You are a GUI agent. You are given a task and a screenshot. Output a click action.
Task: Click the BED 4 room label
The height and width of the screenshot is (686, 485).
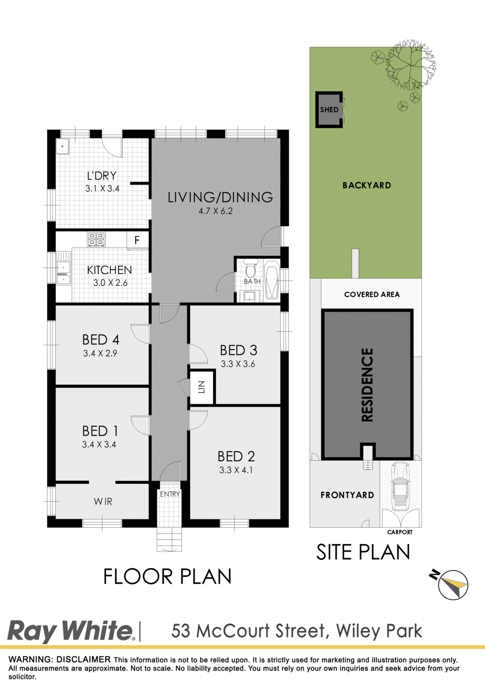pyautogui.click(x=100, y=339)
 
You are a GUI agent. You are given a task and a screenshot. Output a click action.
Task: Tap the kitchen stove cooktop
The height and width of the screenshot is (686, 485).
pyautogui.click(x=96, y=239)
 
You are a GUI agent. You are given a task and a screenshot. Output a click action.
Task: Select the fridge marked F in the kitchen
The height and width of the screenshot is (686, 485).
pyautogui.click(x=137, y=240)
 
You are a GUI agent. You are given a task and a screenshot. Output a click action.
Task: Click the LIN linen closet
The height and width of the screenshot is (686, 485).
pyautogui.click(x=202, y=387)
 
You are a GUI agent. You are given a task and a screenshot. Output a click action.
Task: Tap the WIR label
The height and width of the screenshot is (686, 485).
pyautogui.click(x=103, y=501)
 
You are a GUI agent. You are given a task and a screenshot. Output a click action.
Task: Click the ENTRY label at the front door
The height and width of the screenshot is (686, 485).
pyautogui.click(x=170, y=494)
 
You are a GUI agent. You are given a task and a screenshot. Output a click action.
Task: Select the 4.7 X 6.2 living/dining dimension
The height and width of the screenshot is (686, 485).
pyautogui.click(x=216, y=211)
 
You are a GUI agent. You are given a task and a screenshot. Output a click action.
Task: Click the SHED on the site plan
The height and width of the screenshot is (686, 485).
pyautogui.click(x=329, y=109)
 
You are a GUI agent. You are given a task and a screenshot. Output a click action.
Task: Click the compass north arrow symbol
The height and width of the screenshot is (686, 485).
pyautogui.click(x=452, y=584)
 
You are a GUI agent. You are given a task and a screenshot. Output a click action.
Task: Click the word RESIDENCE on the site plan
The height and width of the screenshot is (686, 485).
pyautogui.click(x=367, y=385)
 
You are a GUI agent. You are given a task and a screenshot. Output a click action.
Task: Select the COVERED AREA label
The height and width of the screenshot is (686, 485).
pyautogui.click(x=372, y=294)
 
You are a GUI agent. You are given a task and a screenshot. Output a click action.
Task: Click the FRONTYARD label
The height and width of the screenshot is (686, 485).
pyautogui.click(x=347, y=495)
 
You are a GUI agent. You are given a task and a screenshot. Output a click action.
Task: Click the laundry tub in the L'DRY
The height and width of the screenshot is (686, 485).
pyautogui.click(x=63, y=146)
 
